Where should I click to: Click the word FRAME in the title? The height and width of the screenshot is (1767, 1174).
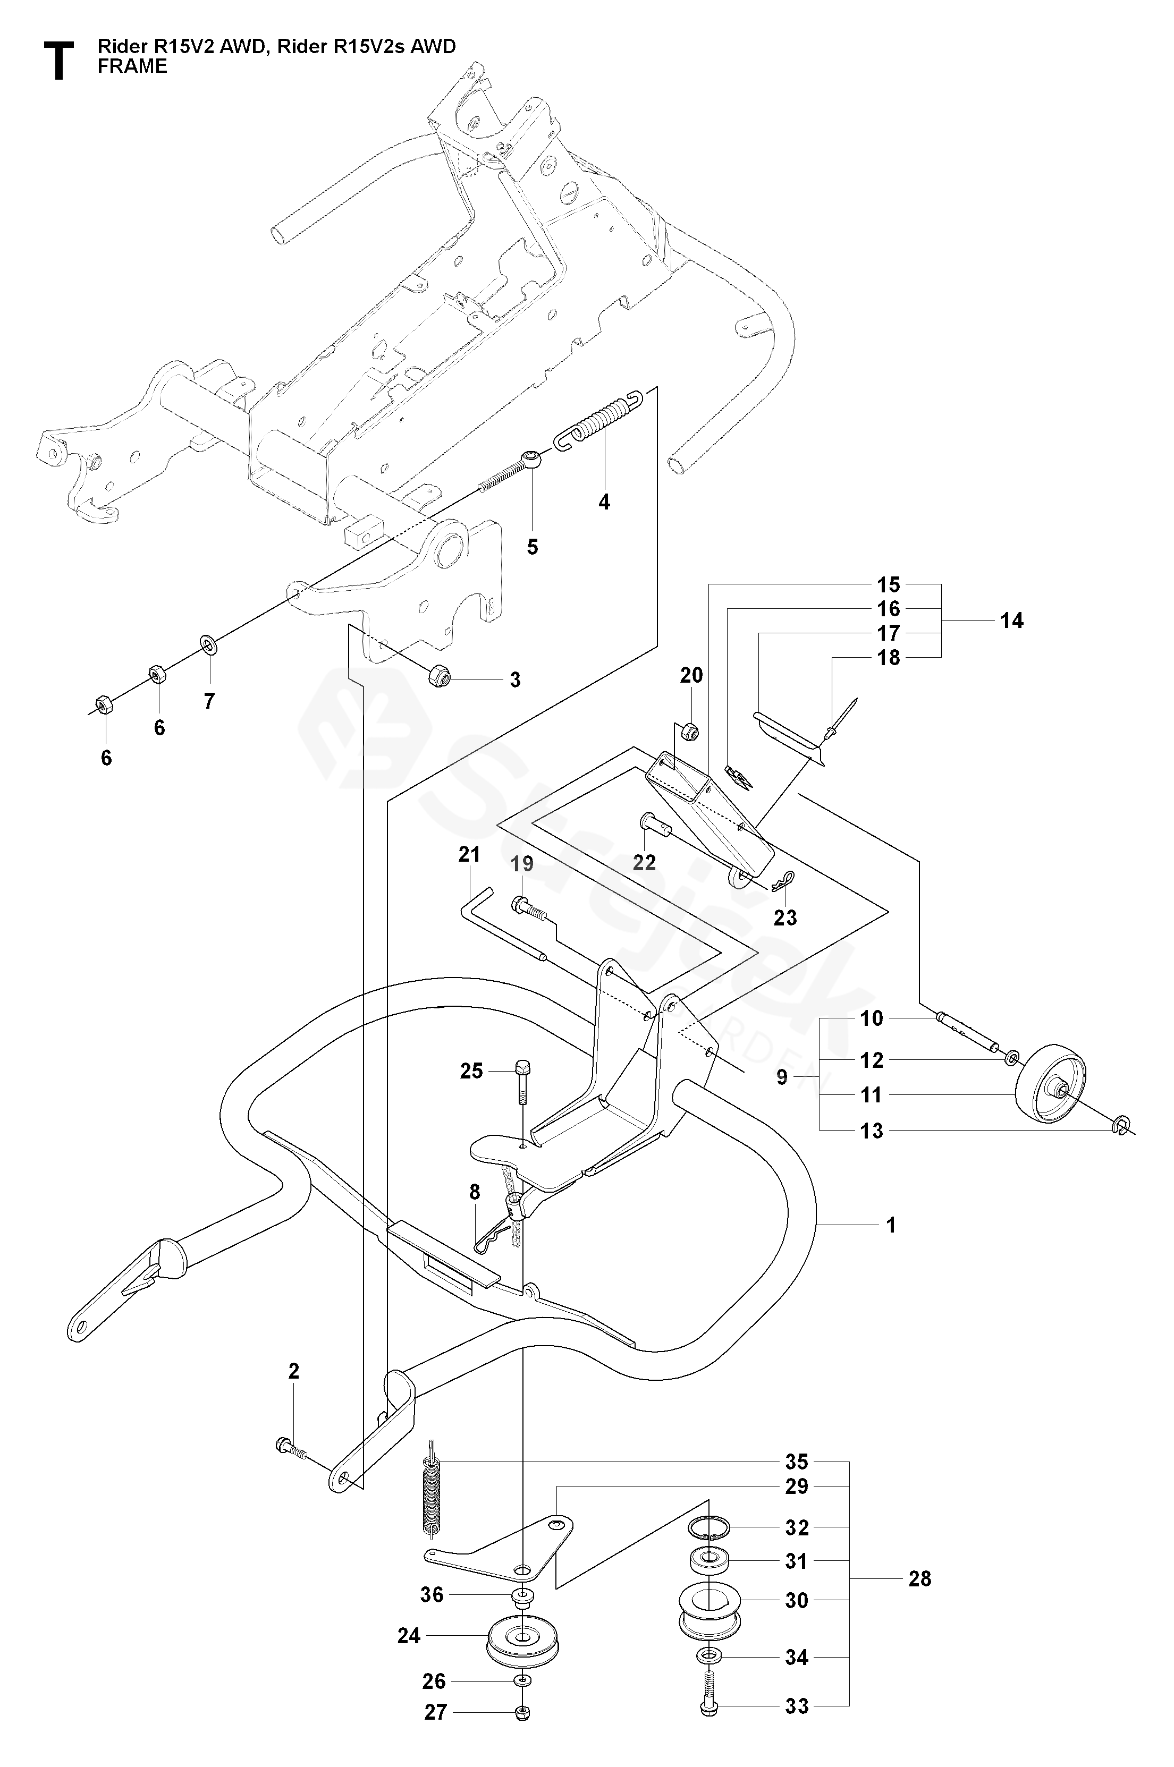[132, 66]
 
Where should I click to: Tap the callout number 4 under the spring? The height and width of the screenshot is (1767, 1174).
[604, 502]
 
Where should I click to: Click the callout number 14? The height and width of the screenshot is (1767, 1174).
[1011, 621]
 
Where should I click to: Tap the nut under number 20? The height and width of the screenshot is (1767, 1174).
[691, 730]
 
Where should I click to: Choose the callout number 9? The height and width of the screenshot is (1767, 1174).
[782, 1078]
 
